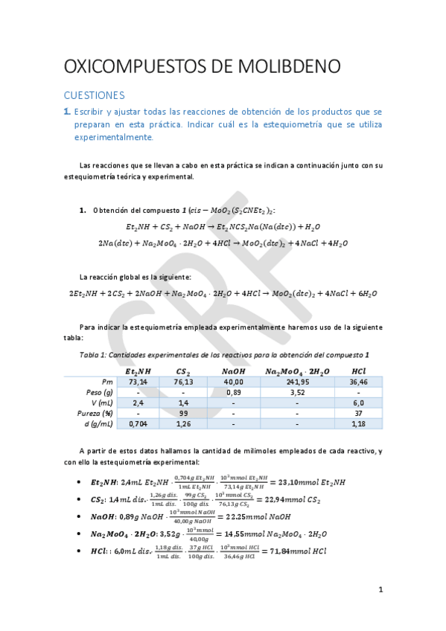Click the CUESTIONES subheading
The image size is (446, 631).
pyautogui.click(x=94, y=95)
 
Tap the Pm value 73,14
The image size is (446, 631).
pyautogui.click(x=140, y=381)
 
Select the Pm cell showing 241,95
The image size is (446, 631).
pyautogui.click(x=296, y=381)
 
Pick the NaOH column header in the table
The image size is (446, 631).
pyautogui.click(x=233, y=371)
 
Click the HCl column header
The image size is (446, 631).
pyautogui.click(x=358, y=371)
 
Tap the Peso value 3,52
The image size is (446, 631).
pyautogui.click(x=296, y=391)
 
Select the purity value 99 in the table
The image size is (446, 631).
pyautogui.click(x=183, y=413)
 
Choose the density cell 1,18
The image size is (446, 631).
pyautogui.click(x=358, y=423)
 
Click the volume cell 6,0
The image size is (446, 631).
pyautogui.click(x=358, y=403)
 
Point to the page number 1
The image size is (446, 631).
pyautogui.click(x=380, y=590)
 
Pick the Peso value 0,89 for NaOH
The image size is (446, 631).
pyautogui.click(x=233, y=391)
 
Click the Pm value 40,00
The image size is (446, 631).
pyautogui.click(x=233, y=381)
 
